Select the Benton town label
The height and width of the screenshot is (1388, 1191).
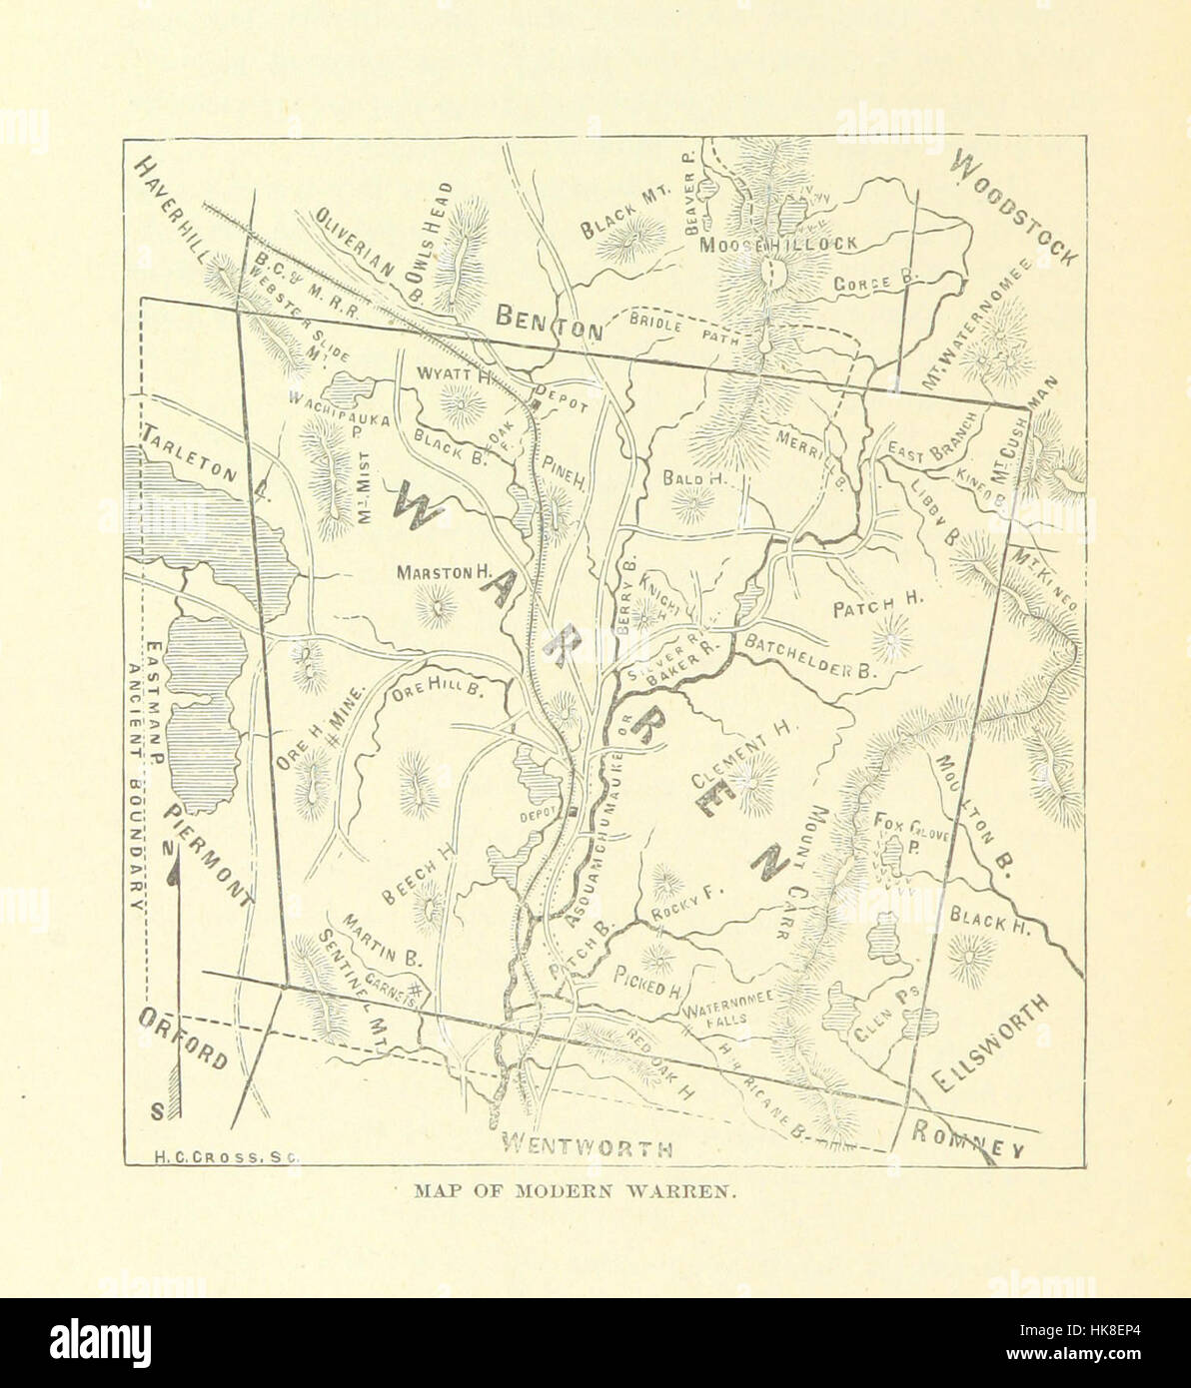tap(550, 321)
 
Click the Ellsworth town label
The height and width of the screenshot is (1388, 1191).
tap(990, 1045)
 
